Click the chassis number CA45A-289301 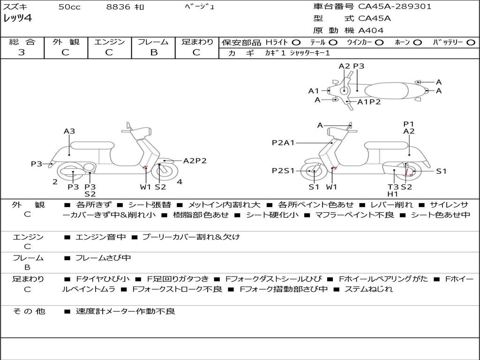[395, 7]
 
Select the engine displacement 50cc [69, 7]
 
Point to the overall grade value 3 [22, 52]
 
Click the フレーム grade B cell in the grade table [153, 52]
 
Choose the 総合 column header [22, 42]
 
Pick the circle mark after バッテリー [471, 42]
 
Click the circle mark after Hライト [296, 42]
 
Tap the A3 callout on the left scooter [69, 131]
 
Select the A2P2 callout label [195, 161]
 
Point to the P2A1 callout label [283, 142]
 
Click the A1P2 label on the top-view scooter [369, 102]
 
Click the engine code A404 [371, 30]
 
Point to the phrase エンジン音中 [101, 237]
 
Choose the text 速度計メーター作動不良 [125, 311]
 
